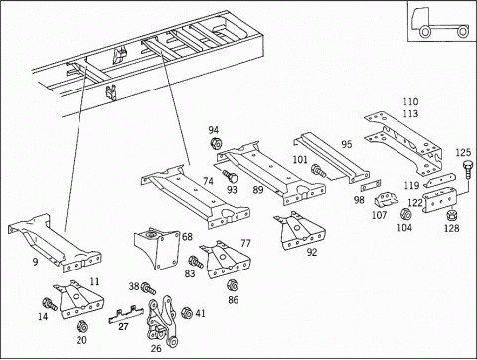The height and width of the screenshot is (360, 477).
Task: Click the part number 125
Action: pyautogui.click(x=463, y=152)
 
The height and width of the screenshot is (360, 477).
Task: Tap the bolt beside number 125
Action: pyautogui.click(x=467, y=169)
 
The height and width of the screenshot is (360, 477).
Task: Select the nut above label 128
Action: pyautogui.click(x=451, y=215)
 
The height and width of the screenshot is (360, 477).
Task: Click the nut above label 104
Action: pyautogui.click(x=405, y=214)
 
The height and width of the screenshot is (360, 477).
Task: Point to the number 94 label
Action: pyautogui.click(x=214, y=130)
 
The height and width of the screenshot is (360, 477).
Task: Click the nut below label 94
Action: pyautogui.click(x=216, y=143)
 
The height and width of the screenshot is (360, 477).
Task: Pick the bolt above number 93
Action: pyautogui.click(x=230, y=176)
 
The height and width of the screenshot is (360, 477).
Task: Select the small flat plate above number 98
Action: pyautogui.click(x=371, y=186)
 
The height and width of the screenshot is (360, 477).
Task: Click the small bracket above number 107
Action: pyautogui.click(x=386, y=200)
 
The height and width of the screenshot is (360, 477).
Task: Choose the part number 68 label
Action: pyautogui.click(x=187, y=237)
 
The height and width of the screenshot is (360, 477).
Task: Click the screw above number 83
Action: pyautogui.click(x=196, y=262)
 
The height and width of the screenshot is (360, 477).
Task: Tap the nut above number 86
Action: pyautogui.click(x=233, y=285)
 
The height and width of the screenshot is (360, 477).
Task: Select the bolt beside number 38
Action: pyautogui.click(x=148, y=289)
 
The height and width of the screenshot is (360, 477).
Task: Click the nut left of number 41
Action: pyautogui.click(x=187, y=313)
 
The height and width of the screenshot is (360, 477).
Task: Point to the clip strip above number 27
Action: pyautogui.click(x=126, y=315)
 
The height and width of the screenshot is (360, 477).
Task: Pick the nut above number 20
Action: pyautogui.click(x=81, y=327)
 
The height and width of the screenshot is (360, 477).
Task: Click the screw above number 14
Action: pyautogui.click(x=50, y=304)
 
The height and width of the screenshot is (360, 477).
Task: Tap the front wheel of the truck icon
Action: pyautogui.click(x=425, y=32)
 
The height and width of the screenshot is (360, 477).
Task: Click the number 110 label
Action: pyautogui.click(x=410, y=101)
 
